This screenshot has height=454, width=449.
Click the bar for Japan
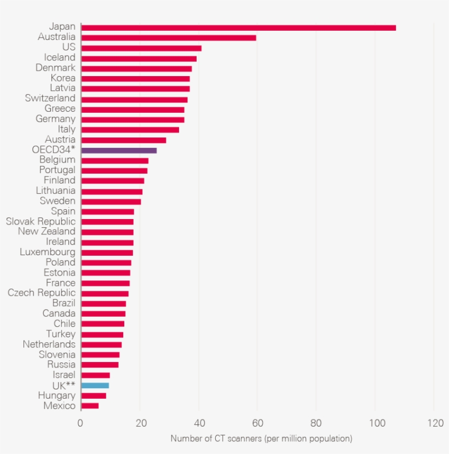238,27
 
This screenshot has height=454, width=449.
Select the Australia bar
169,38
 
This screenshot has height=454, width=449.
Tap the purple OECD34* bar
119,150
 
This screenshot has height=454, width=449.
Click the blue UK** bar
95,386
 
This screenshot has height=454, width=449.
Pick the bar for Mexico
90,406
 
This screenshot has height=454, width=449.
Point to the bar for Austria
124,140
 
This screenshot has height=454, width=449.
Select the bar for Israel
96,375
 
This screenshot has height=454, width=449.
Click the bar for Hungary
94,395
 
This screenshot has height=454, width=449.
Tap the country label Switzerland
50,99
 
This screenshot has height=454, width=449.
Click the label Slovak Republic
41,222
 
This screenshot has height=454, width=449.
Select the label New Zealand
47,232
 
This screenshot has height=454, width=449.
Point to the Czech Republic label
42,293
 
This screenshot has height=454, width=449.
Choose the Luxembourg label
48,252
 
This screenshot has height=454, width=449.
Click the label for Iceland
60,58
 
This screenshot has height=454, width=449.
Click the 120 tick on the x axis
436,423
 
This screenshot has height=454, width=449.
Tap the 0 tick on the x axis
80,423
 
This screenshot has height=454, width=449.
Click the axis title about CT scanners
261,439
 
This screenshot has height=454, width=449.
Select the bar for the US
141,48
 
